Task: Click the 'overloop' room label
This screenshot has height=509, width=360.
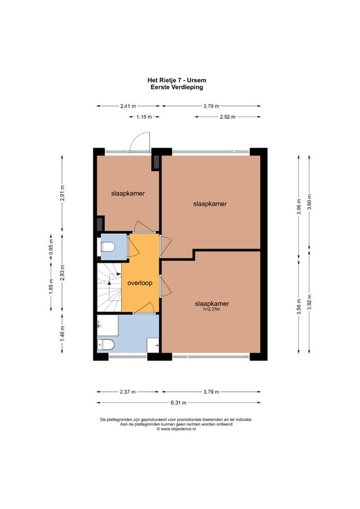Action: [x=139, y=283]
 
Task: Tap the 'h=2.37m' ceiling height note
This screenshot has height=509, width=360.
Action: [x=212, y=309]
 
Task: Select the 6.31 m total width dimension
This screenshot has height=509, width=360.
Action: [x=179, y=403]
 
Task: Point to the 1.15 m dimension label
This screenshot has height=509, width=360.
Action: [x=144, y=117]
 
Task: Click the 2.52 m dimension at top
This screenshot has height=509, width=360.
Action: [x=227, y=117]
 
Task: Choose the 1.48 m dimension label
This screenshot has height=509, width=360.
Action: [x=63, y=334]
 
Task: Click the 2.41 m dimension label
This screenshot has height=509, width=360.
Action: [x=128, y=106]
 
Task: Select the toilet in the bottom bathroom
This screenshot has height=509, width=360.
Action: [x=106, y=345]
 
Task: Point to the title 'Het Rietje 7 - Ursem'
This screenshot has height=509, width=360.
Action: [x=177, y=80]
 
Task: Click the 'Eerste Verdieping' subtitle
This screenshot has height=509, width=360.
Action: [x=177, y=87]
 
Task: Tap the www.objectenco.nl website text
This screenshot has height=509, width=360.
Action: [x=176, y=428]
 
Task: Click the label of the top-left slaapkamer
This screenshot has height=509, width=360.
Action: [x=128, y=194]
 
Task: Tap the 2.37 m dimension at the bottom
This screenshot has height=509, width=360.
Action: [x=128, y=392]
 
